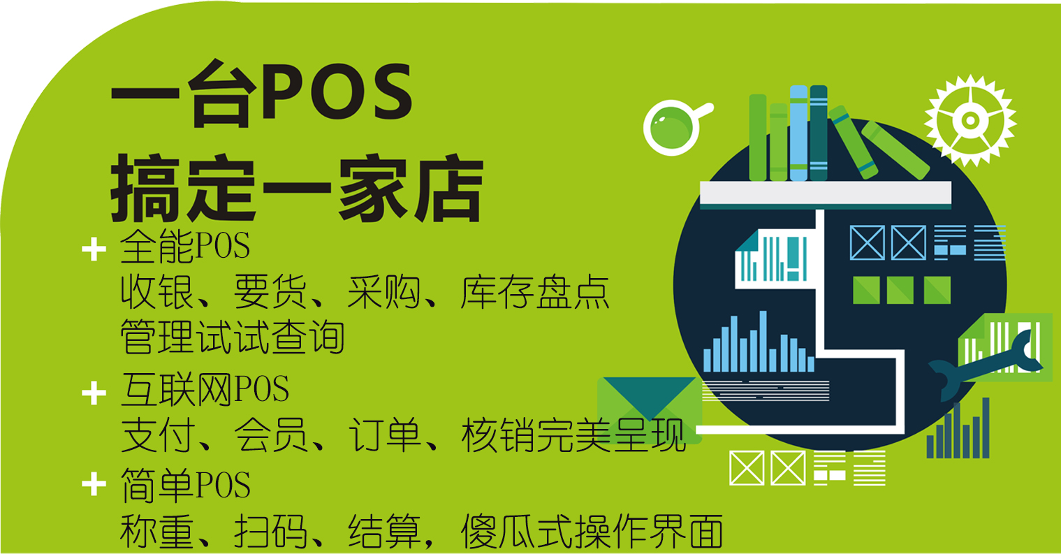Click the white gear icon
(x=970, y=120)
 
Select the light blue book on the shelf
(x=798, y=133)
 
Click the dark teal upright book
(x=819, y=133)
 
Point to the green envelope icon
(x=649, y=410)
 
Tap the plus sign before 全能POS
(x=94, y=249)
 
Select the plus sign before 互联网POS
(x=94, y=393)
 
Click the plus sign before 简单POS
(x=94, y=484)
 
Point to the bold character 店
(x=448, y=188)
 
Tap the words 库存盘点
(x=535, y=292)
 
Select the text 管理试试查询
(x=233, y=337)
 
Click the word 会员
(x=270, y=435)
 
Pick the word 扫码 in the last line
(x=270, y=531)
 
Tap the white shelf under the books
(x=826, y=193)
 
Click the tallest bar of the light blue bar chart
(x=763, y=341)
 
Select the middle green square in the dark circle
(x=900, y=290)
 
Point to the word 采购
(x=384, y=292)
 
